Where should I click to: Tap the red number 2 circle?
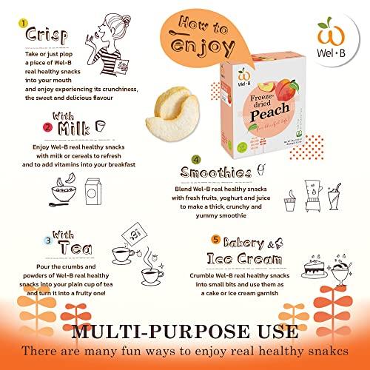(x=27, y=127)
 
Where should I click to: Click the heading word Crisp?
(x=47, y=36)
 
